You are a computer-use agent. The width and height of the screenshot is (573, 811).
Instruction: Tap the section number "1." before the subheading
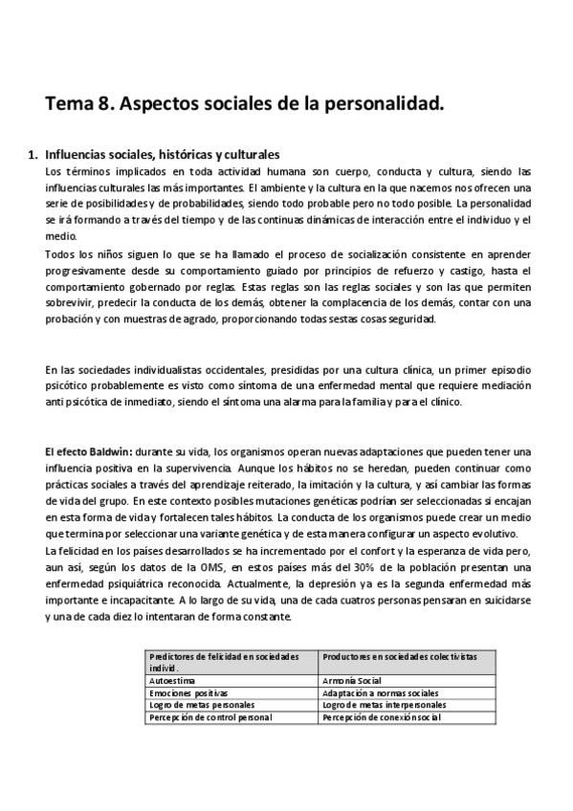tap(32, 153)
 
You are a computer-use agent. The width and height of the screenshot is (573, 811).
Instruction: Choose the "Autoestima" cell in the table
tap(172, 679)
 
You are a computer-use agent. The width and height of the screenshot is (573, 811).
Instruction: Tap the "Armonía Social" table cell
tap(356, 679)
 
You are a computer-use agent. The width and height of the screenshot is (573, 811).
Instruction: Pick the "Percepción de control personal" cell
tap(210, 716)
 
